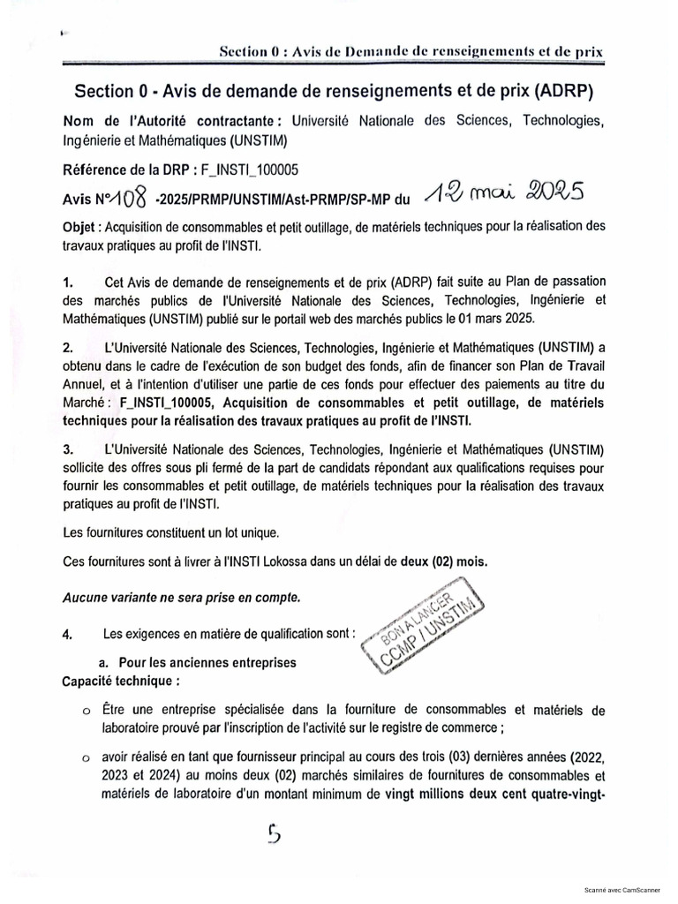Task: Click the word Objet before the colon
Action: (x=80, y=227)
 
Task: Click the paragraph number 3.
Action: (x=68, y=448)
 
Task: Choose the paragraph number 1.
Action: (x=68, y=282)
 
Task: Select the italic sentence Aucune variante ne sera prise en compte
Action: (x=182, y=597)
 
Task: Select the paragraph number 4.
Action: (x=68, y=634)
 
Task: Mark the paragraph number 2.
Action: (x=68, y=346)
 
